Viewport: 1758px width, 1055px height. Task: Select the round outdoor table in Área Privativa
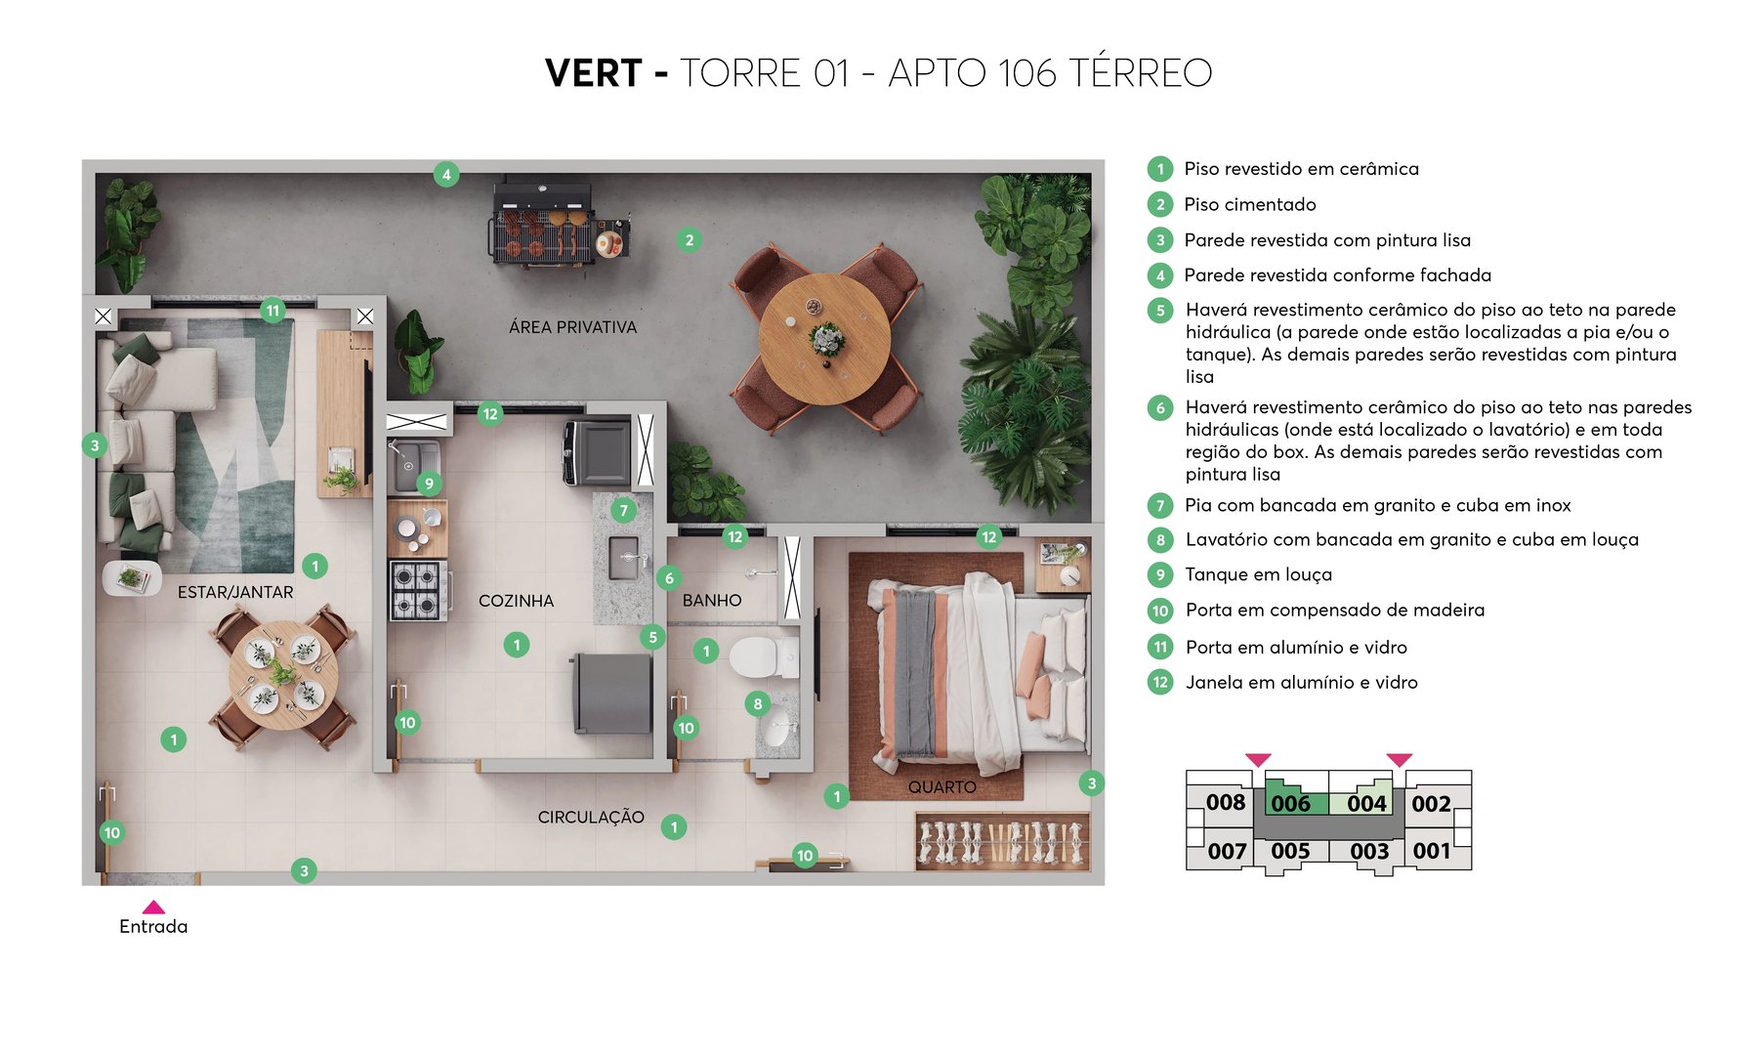click(825, 339)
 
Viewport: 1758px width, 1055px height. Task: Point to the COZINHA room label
click(516, 601)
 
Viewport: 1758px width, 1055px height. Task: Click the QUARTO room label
click(942, 786)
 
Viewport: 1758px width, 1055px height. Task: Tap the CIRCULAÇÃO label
click(591, 817)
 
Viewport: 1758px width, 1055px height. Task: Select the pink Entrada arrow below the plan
click(153, 907)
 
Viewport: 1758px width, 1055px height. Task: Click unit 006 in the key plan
click(1290, 803)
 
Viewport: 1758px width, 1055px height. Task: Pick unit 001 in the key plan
click(1431, 851)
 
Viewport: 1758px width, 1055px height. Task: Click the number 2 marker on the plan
click(690, 239)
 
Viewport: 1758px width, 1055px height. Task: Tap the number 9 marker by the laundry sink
click(429, 484)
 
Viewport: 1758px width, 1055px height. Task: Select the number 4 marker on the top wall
click(446, 175)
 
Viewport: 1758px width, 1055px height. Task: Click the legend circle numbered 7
click(1160, 505)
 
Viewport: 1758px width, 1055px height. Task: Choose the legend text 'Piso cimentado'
click(1250, 204)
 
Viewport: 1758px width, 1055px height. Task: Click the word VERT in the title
click(594, 73)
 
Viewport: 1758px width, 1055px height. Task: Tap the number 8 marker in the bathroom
click(757, 703)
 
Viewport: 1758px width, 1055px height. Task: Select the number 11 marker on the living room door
click(272, 311)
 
